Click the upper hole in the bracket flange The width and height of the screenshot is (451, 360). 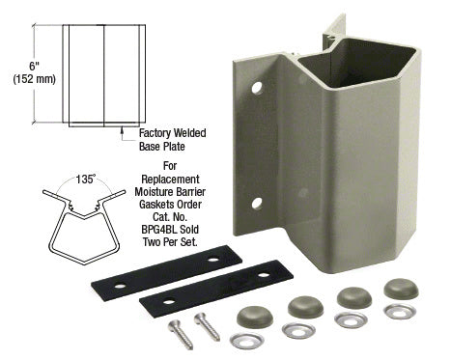257,88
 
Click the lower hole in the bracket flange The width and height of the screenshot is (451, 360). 257,204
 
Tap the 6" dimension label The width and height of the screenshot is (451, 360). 34,67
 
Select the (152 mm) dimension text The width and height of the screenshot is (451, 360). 35,79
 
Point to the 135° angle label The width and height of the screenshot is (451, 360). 86,180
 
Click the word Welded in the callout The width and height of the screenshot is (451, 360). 189,133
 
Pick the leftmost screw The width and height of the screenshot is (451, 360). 181,335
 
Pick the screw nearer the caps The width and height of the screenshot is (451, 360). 207,326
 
